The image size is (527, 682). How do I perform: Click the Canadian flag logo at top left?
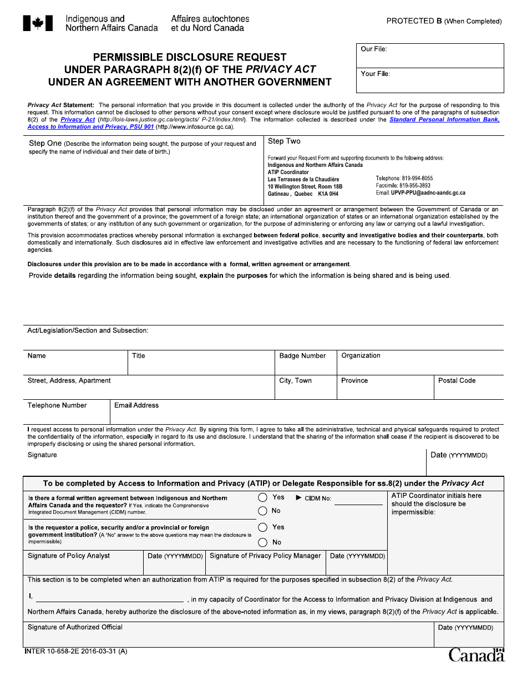coord(38,23)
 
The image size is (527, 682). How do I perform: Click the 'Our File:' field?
coord(430,57)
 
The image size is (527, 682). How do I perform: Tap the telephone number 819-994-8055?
coord(404,179)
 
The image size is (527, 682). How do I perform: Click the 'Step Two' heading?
coord(284,141)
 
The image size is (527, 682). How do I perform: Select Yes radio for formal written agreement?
coord(263,497)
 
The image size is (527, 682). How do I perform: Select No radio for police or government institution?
coord(263,542)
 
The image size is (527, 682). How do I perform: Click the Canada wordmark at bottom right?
coord(477,655)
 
